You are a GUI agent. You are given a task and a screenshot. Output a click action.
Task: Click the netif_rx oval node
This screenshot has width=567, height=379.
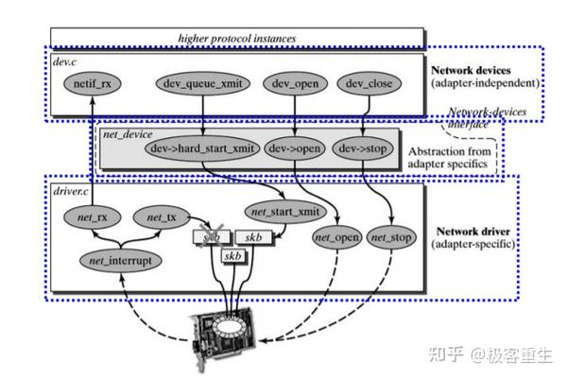[92, 83]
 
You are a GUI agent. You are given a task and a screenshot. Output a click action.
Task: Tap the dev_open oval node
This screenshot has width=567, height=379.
[294, 82]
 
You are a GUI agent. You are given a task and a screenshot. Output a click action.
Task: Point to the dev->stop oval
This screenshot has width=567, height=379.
[363, 148]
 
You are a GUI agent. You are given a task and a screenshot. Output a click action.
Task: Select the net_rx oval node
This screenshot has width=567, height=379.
[91, 218]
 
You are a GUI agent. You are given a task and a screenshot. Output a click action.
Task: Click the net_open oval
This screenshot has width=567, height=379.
[335, 236]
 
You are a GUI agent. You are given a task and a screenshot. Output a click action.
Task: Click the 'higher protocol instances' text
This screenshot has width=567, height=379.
[236, 38]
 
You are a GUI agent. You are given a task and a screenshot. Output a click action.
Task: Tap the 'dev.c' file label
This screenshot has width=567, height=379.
[66, 60]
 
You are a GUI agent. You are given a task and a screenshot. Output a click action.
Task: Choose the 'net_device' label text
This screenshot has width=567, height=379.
[129, 133]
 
